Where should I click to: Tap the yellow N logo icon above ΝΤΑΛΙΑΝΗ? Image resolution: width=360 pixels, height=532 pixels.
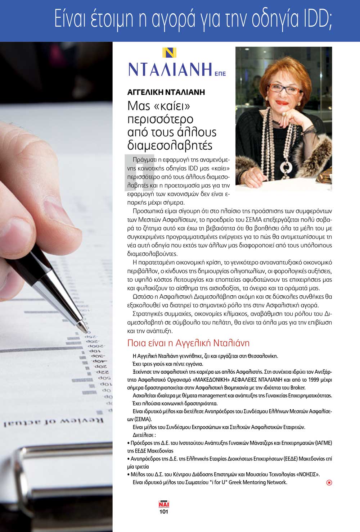pyautogui.click(x=169, y=53)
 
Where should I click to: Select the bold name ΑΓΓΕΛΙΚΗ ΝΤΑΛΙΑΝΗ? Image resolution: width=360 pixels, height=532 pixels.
pyautogui.click(x=166, y=92)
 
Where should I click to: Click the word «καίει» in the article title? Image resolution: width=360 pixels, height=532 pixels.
pyautogui.click(x=175, y=106)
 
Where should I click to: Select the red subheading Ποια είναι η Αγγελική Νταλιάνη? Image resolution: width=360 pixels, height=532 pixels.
pyautogui.click(x=188, y=343)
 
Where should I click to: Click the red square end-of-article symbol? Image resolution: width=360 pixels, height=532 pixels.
pyautogui.click(x=329, y=483)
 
